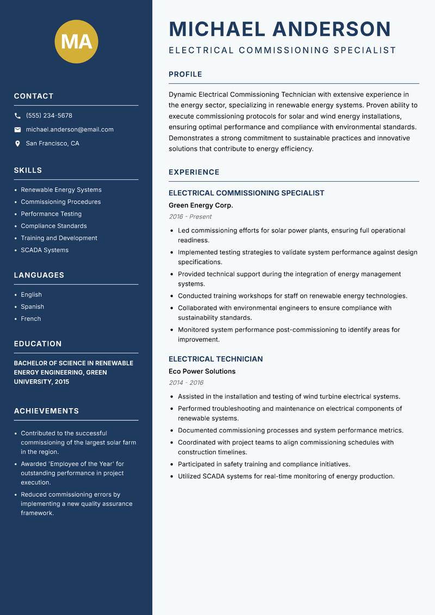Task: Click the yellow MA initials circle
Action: pyautogui.click(x=77, y=41)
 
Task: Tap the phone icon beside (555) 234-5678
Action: pyautogui.click(x=17, y=116)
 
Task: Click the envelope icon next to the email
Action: pyautogui.click(x=17, y=130)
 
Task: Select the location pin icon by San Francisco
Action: pyautogui.click(x=17, y=144)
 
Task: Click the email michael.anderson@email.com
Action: pyautogui.click(x=70, y=130)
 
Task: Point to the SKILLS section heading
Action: pyautogui.click(x=28, y=170)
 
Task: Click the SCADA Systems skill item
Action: pyautogui.click(x=45, y=250)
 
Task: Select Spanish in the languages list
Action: pyautogui.click(x=32, y=306)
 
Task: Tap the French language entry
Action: pyautogui.click(x=30, y=318)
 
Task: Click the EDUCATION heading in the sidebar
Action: pyautogui.click(x=38, y=344)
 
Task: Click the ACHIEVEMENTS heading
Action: pyautogui.click(x=46, y=411)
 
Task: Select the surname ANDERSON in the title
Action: pyautogui.click(x=331, y=29)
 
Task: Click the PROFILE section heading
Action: pyautogui.click(x=185, y=75)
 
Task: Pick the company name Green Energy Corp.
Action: pyautogui.click(x=201, y=205)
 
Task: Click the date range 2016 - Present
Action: pyautogui.click(x=190, y=217)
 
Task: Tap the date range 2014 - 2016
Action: pyautogui.click(x=185, y=383)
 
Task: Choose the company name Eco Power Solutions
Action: pyautogui.click(x=202, y=371)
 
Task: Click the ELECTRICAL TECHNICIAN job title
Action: pyautogui.click(x=215, y=359)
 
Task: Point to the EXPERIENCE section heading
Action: pyautogui.click(x=194, y=172)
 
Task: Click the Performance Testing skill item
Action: pyautogui.click(x=51, y=214)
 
